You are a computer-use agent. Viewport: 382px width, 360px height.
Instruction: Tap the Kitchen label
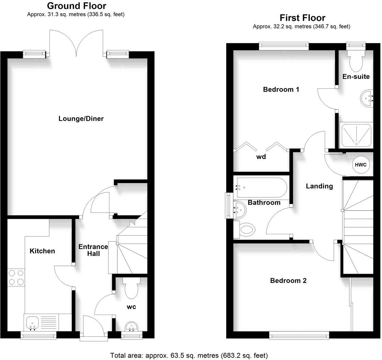pyautogui.click(x=42, y=251)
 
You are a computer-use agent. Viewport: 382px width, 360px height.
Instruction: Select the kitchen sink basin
pyautogui.click(x=32, y=321)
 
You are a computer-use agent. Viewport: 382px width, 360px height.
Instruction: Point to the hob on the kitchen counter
pyautogui.click(x=16, y=277)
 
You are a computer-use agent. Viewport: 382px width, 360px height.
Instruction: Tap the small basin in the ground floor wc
pyautogui.click(x=131, y=327)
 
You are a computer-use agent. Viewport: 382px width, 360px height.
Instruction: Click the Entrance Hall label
pyautogui.click(x=93, y=250)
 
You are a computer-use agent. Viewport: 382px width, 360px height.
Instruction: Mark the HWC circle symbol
pyautogui.click(x=361, y=165)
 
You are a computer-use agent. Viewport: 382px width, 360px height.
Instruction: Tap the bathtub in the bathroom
pyautogui.click(x=261, y=187)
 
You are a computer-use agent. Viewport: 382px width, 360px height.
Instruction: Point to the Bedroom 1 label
pyautogui.click(x=281, y=89)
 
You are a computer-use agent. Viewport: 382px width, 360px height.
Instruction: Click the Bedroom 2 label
pyautogui.click(x=288, y=281)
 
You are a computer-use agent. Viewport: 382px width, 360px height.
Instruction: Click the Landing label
pyautogui.click(x=319, y=186)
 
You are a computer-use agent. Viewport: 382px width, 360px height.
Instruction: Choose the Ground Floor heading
pyautogui.click(x=76, y=6)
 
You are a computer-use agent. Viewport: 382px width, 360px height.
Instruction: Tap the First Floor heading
pyautogui.click(x=302, y=18)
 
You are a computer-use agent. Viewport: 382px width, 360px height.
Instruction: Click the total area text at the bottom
pyautogui.click(x=189, y=356)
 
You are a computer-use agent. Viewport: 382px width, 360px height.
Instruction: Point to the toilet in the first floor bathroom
pyautogui.click(x=247, y=229)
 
